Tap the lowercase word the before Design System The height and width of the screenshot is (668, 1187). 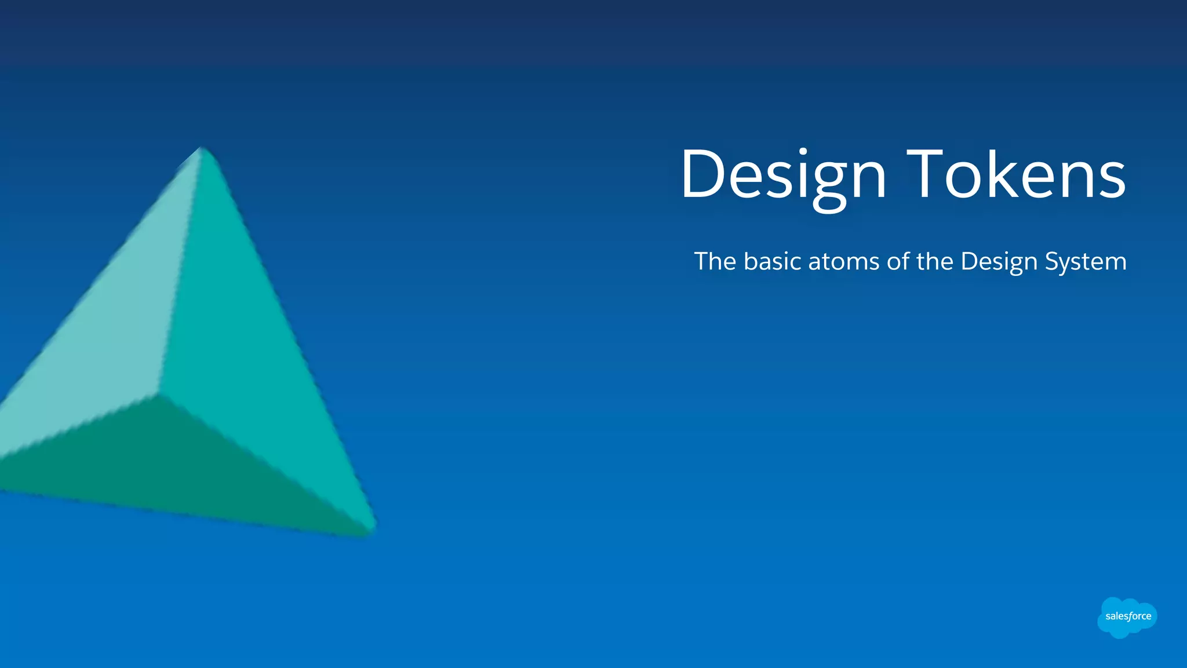tap(935, 261)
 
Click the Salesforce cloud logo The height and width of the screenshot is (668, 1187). tap(1127, 617)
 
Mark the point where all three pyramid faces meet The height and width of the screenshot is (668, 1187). tap(158, 395)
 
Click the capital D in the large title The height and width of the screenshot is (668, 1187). tap(701, 174)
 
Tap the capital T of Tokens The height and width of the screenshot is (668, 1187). tap(924, 174)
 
